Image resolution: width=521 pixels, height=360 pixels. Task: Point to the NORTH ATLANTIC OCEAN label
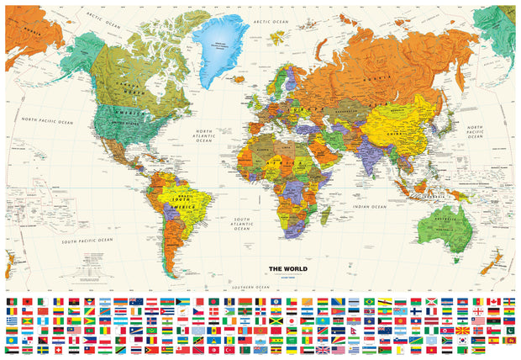click(x=203, y=136)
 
